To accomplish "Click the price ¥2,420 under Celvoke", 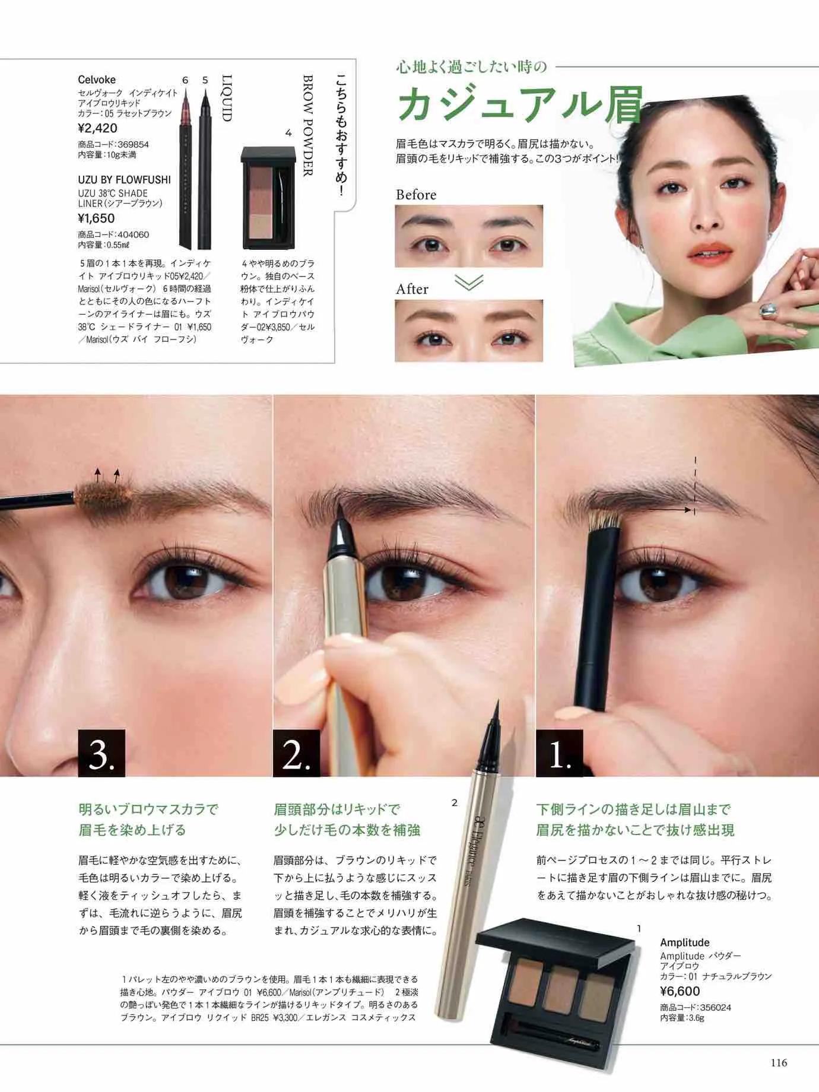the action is [x=97, y=128].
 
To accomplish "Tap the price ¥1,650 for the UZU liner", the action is [x=96, y=218].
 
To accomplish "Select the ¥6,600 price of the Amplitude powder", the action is [x=680, y=991].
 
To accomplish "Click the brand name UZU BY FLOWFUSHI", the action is [x=124, y=180].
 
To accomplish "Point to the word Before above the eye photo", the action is [x=416, y=195].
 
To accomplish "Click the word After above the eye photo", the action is [x=412, y=289].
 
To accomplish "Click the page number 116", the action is [x=779, y=1062].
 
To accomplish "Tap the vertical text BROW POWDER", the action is [x=307, y=125].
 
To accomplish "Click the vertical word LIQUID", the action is [x=226, y=98].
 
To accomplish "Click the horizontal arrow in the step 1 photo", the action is [x=670, y=509].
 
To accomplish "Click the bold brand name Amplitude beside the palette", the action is [x=684, y=942].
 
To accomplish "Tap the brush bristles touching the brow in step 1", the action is [x=605, y=520].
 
